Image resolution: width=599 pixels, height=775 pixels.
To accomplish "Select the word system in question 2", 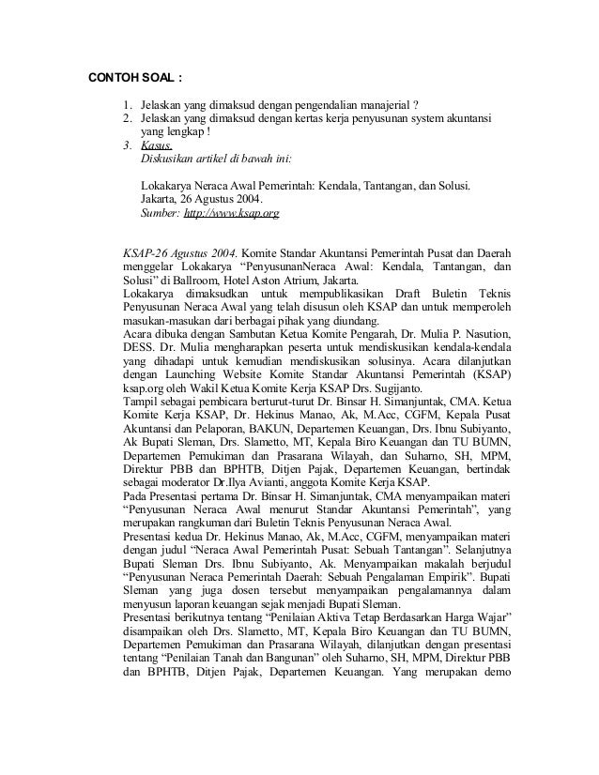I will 422,119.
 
